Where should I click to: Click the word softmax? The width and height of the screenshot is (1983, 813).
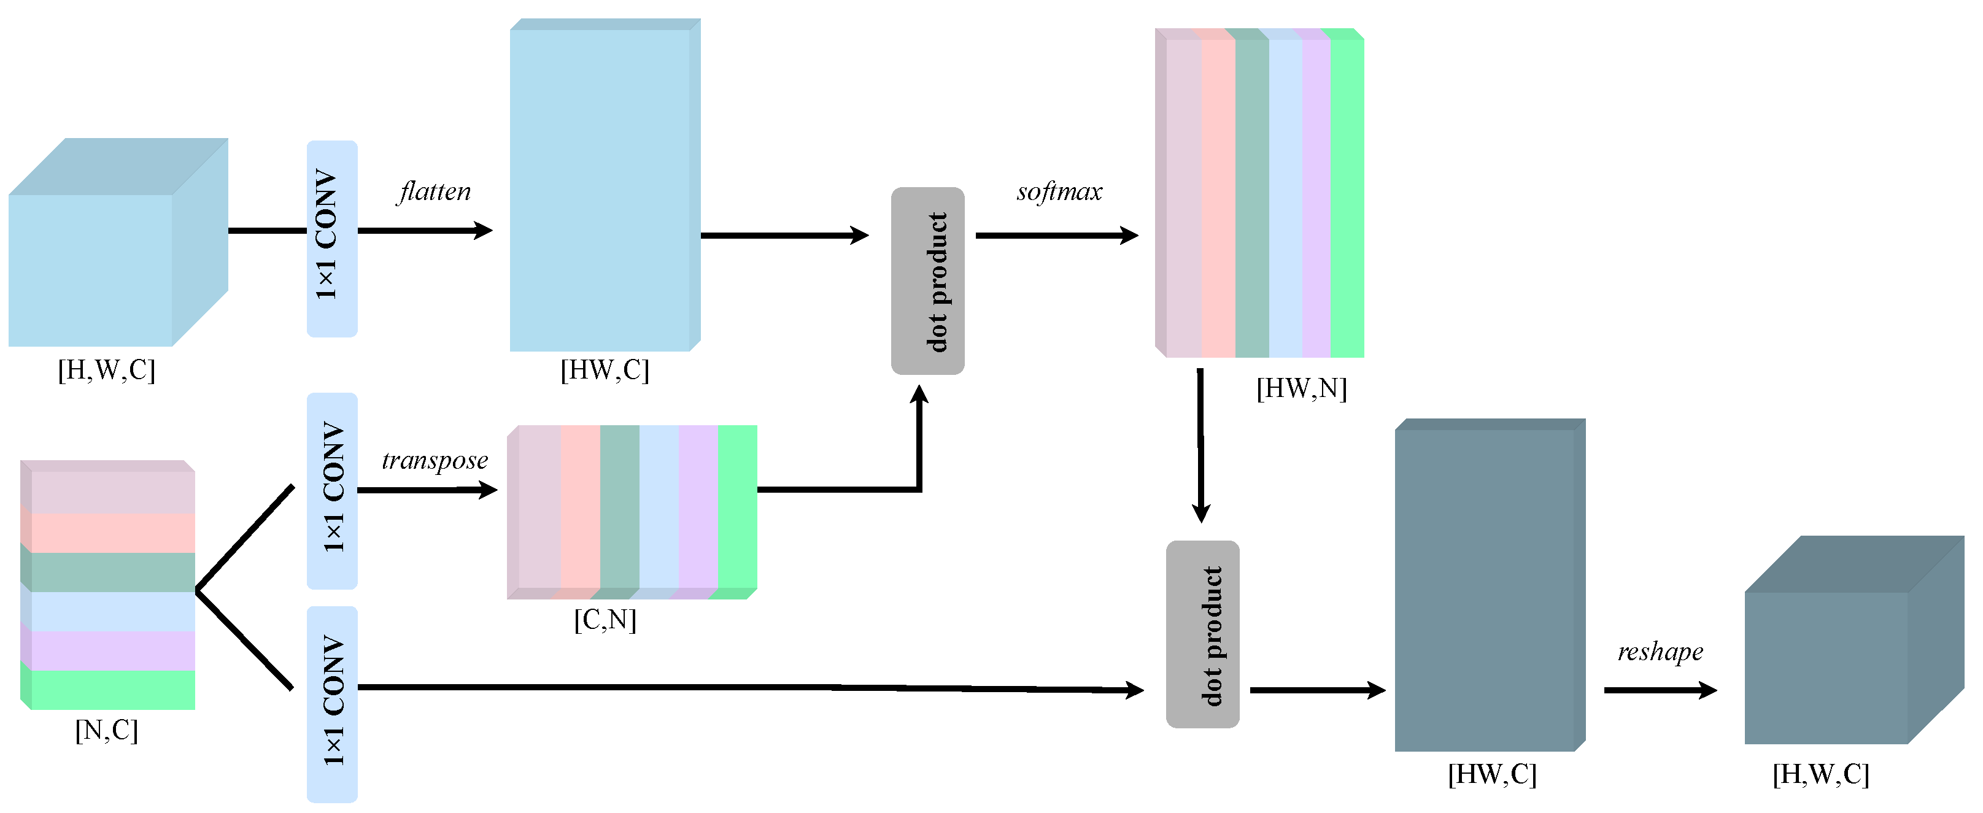click(x=1059, y=191)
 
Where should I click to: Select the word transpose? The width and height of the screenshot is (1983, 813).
click(x=435, y=460)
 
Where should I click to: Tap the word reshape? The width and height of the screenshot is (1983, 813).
click(x=1660, y=652)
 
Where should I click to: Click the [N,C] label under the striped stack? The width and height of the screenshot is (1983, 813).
click(x=106, y=730)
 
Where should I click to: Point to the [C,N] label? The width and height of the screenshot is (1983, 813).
click(x=605, y=619)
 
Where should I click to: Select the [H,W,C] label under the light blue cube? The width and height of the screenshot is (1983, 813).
click(x=106, y=371)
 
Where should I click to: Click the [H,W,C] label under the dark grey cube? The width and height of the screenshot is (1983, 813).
click(x=1820, y=774)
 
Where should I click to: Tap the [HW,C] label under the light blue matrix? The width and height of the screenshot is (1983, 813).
click(x=605, y=371)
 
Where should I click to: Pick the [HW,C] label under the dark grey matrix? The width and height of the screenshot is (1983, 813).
click(x=1492, y=774)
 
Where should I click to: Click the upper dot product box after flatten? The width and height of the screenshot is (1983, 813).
click(x=927, y=281)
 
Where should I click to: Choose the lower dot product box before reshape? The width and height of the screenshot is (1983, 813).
click(x=1202, y=634)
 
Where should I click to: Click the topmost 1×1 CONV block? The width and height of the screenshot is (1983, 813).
click(x=332, y=239)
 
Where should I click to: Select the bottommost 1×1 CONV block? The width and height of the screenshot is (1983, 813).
click(x=332, y=704)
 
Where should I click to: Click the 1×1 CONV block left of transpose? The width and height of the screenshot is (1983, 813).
click(x=332, y=491)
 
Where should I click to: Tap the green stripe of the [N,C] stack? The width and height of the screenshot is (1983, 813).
click(x=112, y=690)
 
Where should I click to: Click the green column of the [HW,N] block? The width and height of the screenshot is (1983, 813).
click(x=1347, y=196)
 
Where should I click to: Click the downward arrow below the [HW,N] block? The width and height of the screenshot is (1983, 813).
click(x=1200, y=447)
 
